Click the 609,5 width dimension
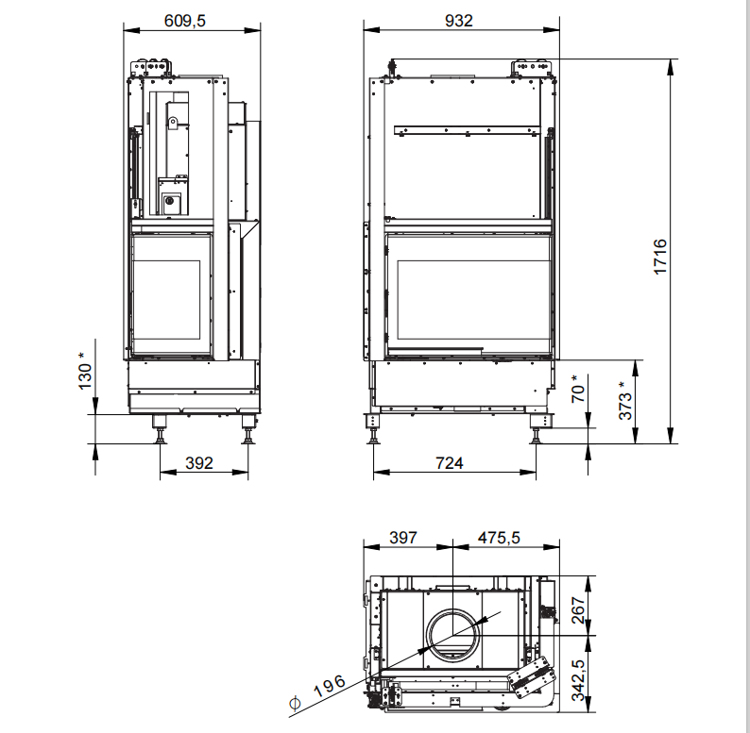tap(184, 21)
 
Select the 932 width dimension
tap(459, 21)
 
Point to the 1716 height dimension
tap(660, 257)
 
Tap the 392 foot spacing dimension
tap(199, 463)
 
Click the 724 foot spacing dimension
tap(449, 463)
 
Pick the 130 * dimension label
tap(84, 371)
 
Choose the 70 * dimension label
tap(578, 389)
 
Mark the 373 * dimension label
tap(624, 400)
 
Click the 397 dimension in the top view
tap(403, 538)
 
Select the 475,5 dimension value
tap(499, 538)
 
